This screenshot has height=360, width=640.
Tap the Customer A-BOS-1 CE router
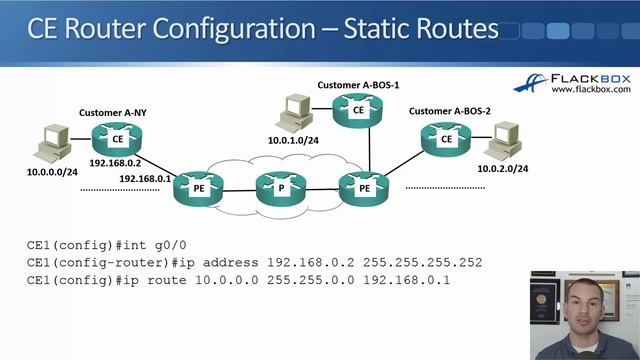click(358, 112)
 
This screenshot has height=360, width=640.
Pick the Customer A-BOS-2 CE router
click(446, 141)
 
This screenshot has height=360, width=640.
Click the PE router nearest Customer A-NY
click(194, 188)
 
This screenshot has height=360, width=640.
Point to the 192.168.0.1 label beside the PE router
click(145, 179)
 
